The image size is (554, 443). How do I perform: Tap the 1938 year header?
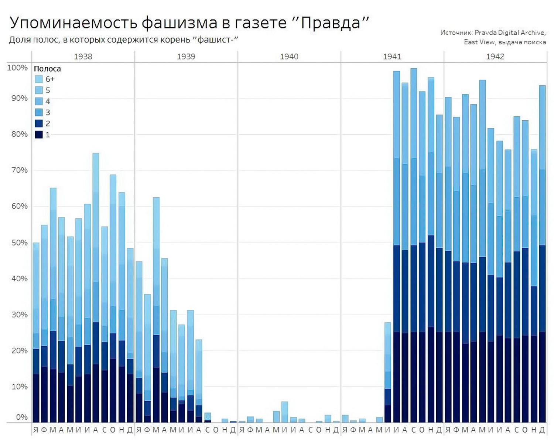click(x=83, y=56)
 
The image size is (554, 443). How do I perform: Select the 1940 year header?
click(x=289, y=56)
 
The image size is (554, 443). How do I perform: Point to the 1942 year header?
click(x=495, y=56)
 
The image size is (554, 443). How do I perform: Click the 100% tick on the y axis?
click(x=17, y=68)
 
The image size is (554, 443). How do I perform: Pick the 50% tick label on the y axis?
click(x=19, y=243)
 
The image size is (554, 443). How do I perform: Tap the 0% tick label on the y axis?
click(x=21, y=417)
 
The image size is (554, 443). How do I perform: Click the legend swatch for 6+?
click(x=39, y=79)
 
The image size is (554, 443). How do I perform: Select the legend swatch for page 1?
click(x=39, y=135)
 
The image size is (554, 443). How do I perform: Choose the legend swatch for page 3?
click(x=39, y=112)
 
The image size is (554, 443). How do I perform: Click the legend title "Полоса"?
click(x=47, y=69)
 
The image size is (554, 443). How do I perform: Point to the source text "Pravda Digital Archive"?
click(x=510, y=33)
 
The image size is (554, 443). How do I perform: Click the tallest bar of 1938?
click(x=96, y=288)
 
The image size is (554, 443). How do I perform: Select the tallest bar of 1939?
click(x=156, y=310)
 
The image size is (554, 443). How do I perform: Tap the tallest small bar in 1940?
click(x=284, y=412)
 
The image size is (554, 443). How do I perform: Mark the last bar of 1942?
click(x=542, y=255)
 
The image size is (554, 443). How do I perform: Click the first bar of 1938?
click(x=36, y=332)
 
